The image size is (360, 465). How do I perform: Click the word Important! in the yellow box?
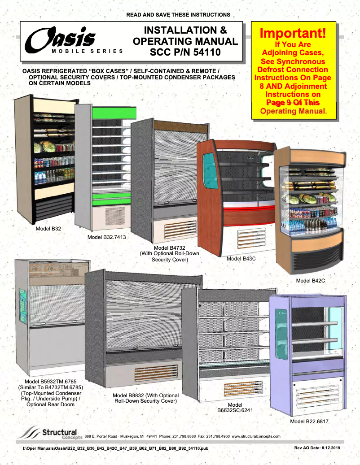click(x=292, y=33)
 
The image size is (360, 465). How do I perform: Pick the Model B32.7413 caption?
click(x=106, y=237)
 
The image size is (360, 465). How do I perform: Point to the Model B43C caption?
click(x=241, y=259)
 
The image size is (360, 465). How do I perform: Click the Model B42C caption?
click(x=310, y=281)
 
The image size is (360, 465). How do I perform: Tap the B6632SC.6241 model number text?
click(x=235, y=410)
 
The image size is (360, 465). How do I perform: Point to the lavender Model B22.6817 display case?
click(x=307, y=354)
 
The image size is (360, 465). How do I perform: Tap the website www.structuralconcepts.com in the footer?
click(x=256, y=436)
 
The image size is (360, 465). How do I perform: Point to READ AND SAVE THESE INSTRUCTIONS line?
click(x=178, y=15)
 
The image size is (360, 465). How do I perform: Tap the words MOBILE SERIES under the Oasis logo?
click(x=87, y=51)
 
